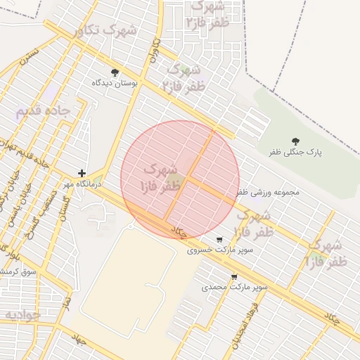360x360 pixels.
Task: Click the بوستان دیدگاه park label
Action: pos(116,83)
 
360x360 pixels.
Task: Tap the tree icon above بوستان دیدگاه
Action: pos(115,72)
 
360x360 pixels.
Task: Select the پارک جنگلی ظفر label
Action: pos(294,152)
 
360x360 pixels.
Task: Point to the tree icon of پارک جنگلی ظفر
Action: pos(295,141)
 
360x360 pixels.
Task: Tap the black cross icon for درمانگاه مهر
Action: pos(82,173)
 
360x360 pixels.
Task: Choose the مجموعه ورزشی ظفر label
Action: pos(268,191)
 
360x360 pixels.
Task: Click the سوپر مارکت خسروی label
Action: pos(220,250)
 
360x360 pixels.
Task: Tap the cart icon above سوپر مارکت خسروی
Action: pos(220,239)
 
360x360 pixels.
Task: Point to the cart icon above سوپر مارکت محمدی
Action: pos(234,277)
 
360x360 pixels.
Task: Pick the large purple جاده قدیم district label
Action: pos(44,111)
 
